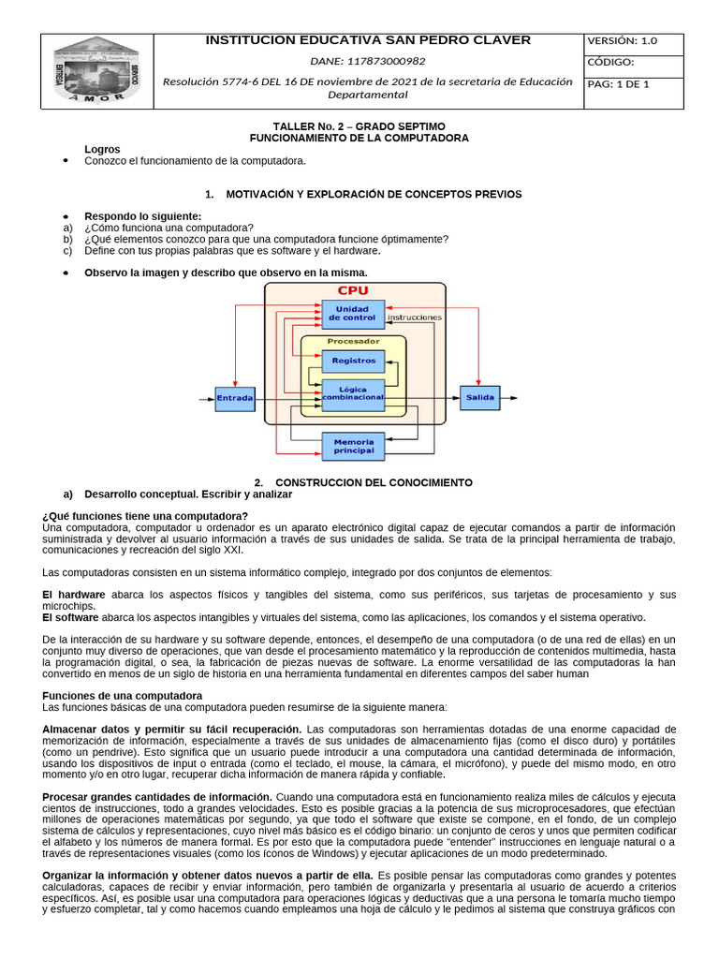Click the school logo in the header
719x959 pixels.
tap(96, 70)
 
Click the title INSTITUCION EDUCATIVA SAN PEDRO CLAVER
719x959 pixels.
tap(367, 40)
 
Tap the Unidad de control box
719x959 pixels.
tap(353, 313)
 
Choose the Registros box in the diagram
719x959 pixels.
tap(353, 361)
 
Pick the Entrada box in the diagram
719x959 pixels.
tap(235, 398)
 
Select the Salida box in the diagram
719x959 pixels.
tap(479, 398)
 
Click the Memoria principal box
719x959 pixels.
tap(353, 446)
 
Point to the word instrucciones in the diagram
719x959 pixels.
tap(414, 317)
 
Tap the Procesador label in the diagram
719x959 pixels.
tap(353, 342)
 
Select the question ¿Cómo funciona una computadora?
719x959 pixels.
tap(169, 228)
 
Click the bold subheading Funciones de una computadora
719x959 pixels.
tap(123, 696)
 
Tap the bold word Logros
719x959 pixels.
tap(102, 149)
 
